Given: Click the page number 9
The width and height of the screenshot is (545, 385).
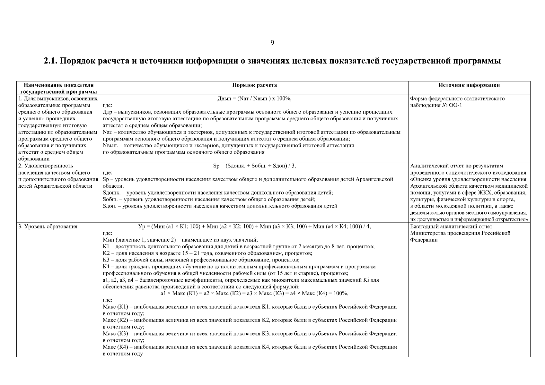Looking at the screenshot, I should click(x=272, y=43).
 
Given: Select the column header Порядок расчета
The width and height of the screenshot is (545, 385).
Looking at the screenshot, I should click(x=254, y=85).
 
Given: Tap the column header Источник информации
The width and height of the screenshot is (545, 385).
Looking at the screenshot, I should click(x=469, y=85).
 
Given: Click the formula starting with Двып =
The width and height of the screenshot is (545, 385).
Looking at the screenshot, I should click(x=254, y=99).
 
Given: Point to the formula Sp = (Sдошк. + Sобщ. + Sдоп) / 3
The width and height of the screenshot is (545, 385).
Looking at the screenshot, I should click(x=254, y=166).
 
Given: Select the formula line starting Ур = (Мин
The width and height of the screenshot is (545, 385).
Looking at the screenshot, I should click(x=254, y=227).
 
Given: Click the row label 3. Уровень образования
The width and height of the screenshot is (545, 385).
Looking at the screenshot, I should click(x=48, y=227).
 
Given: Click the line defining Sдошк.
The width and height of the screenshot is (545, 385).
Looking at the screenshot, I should click(x=217, y=193).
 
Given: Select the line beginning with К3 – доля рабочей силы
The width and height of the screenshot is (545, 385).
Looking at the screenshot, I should click(x=201, y=260).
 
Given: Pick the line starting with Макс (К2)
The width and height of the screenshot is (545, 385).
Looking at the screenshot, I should click(x=249, y=320).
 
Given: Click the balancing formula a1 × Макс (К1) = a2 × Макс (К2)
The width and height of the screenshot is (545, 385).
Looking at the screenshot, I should click(x=254, y=294).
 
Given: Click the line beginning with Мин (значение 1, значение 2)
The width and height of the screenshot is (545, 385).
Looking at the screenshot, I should click(x=180, y=240).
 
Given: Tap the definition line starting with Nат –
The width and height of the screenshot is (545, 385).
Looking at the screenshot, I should click(x=251, y=132).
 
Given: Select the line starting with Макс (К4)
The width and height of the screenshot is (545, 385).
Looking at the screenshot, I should click(x=249, y=347).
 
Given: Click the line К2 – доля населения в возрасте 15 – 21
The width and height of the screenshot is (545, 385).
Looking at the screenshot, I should click(x=207, y=253).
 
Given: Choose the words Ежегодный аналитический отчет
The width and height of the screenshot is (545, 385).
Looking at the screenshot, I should click(x=451, y=227).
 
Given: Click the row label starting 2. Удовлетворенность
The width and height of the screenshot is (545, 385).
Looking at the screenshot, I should click(x=46, y=166).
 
